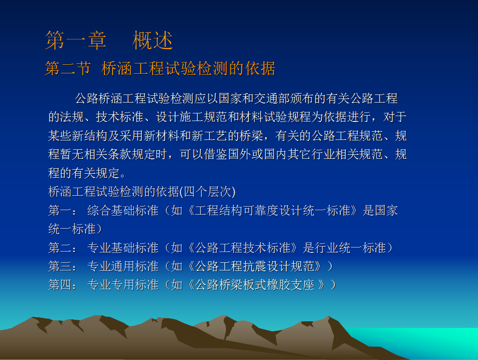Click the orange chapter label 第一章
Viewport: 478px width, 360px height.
[76, 40]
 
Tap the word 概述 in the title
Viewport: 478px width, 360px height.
[153, 40]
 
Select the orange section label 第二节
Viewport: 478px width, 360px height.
[68, 68]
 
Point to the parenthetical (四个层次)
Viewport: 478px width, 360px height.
[207, 192]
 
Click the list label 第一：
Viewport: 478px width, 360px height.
[63, 211]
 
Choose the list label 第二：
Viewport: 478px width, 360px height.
[63, 248]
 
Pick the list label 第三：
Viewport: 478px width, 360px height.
[63, 266]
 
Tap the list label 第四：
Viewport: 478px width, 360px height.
[63, 285]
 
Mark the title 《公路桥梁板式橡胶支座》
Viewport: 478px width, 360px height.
[256, 285]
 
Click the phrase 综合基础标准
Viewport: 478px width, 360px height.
[123, 211]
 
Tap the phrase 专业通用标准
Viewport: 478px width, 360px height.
[123, 266]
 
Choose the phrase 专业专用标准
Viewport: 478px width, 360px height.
[123, 285]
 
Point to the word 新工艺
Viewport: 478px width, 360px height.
[210, 135]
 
